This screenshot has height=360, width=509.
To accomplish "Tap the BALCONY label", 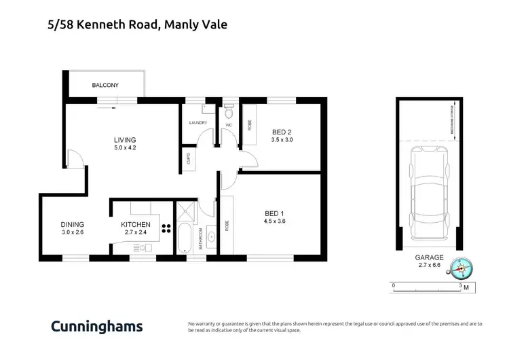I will point(105,86).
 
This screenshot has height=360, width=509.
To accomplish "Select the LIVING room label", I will point(125,141).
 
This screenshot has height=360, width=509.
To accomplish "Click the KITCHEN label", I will point(136,224).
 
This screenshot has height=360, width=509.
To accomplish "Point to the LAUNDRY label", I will point(197,123).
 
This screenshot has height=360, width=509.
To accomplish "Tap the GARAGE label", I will point(429,258).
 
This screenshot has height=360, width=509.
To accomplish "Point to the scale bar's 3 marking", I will point(461,285).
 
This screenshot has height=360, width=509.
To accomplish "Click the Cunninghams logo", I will point(97,326).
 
